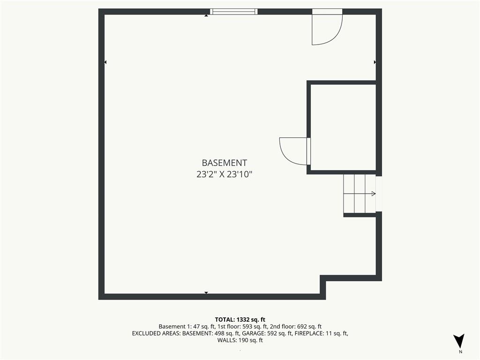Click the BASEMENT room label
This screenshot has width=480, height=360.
click(x=225, y=163)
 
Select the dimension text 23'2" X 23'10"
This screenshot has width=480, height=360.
click(x=225, y=174)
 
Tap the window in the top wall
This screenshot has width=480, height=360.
click(x=233, y=12)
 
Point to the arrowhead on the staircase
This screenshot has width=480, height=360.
click(x=374, y=194)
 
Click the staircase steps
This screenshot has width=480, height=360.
click(x=360, y=194)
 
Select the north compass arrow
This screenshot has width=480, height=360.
click(x=459, y=340)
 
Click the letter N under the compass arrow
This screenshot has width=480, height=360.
click(x=460, y=352)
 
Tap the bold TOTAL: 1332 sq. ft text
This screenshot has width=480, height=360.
click(x=240, y=320)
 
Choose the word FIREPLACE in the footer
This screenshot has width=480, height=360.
click(x=308, y=333)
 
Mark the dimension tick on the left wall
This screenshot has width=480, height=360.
click(x=105, y=62)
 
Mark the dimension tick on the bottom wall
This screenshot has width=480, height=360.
click(x=206, y=292)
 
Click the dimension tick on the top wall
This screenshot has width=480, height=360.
click(x=206, y=15)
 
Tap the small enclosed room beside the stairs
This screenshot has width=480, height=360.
click(x=343, y=127)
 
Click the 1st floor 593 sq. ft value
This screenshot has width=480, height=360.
click(x=255, y=327)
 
